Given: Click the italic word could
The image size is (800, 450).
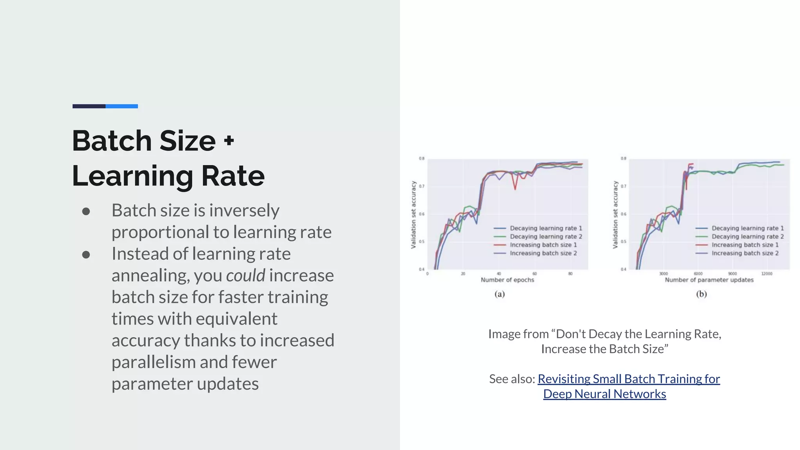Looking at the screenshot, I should click(246, 275).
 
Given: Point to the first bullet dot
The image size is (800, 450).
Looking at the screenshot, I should click(86, 212).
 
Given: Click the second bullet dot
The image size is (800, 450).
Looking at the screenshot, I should click(86, 255).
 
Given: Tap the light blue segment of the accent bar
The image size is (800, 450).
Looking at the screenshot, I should click(121, 106).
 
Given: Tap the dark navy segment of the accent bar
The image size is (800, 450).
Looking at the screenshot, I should click(89, 106).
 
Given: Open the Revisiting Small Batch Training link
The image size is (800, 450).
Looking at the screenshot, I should click(629, 379).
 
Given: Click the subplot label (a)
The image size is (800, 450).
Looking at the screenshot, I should click(500, 294).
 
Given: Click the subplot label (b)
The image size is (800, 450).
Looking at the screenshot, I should click(702, 294).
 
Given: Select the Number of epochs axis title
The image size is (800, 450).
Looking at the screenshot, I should click(507, 280).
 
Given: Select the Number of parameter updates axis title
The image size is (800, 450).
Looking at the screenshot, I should click(709, 280).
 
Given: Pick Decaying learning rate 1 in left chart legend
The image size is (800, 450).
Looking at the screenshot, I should click(546, 228).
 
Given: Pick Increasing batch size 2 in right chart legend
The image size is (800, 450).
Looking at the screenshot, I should click(745, 253).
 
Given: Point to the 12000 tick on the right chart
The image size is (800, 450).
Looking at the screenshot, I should click(766, 274).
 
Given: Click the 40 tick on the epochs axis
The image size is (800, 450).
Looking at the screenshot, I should click(499, 274).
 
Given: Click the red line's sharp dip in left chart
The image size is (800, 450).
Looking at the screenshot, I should click(515, 189).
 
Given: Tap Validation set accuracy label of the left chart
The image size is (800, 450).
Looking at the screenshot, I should click(413, 214).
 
